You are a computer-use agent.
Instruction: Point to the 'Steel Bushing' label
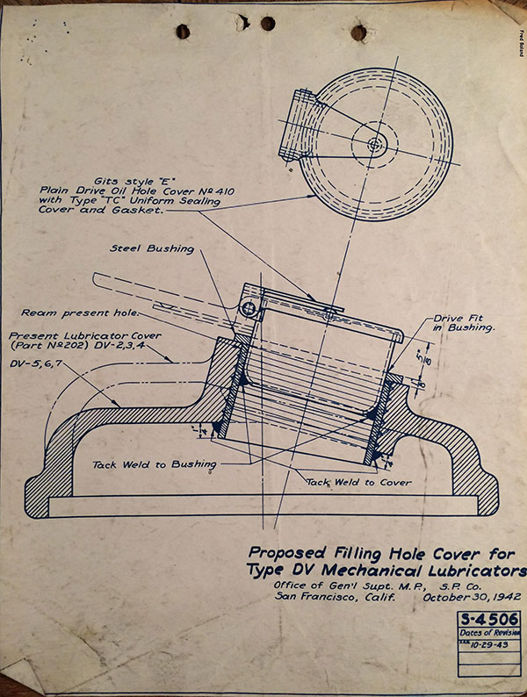click(x=152, y=248)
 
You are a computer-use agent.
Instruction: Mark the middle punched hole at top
click(x=268, y=24)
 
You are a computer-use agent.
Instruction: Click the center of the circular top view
click(x=376, y=143)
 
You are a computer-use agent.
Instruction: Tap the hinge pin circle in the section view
click(x=250, y=308)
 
